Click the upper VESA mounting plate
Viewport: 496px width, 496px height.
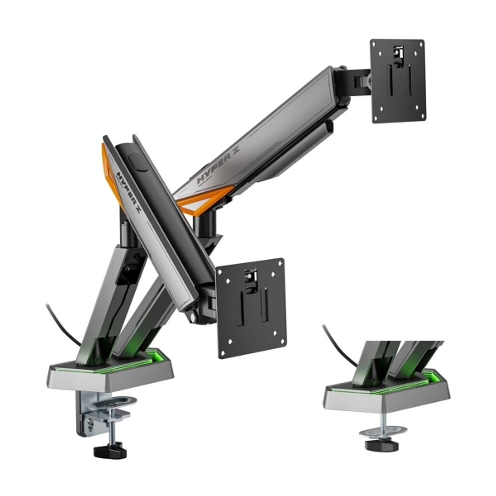(x=398, y=81)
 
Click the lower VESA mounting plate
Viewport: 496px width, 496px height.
(x=251, y=307)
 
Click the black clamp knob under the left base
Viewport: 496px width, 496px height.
(x=110, y=451)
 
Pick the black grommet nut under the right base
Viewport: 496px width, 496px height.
(x=382, y=445)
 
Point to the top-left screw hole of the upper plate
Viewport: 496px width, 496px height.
(x=375, y=44)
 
